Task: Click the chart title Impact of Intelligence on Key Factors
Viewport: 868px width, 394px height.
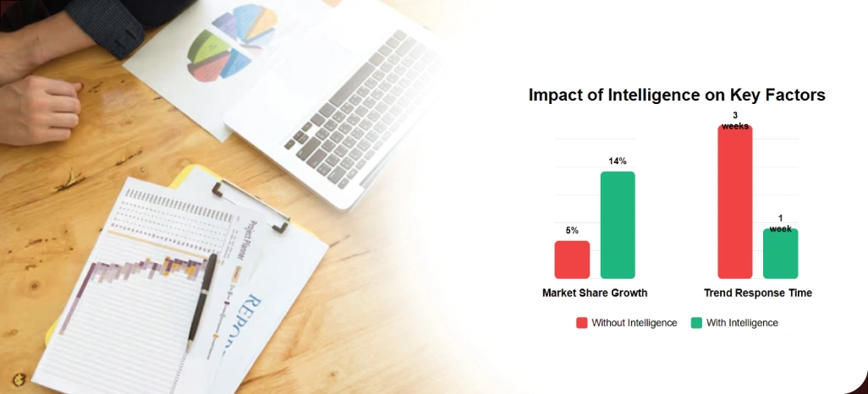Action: pyautogui.click(x=677, y=95)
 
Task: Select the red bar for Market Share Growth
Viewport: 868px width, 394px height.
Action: pyautogui.click(x=572, y=260)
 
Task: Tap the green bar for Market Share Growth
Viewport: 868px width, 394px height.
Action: pyautogui.click(x=618, y=225)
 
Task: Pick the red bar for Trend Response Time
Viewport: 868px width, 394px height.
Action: pyautogui.click(x=734, y=203)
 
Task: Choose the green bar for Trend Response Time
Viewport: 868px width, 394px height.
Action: pyautogui.click(x=780, y=254)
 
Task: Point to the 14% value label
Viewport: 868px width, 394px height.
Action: pyautogui.click(x=618, y=161)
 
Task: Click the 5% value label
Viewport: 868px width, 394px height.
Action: pyautogui.click(x=572, y=230)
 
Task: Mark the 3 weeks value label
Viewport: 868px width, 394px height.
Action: pyautogui.click(x=734, y=121)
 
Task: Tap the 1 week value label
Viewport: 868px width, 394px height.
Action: pyautogui.click(x=780, y=223)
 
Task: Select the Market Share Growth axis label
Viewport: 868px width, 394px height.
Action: pyautogui.click(x=595, y=293)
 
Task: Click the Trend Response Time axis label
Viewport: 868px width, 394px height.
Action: pyautogui.click(x=758, y=293)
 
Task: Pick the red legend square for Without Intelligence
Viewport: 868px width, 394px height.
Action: pyautogui.click(x=582, y=323)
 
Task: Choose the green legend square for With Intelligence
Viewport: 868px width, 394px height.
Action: pyautogui.click(x=697, y=323)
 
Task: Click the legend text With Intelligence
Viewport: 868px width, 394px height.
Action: pyautogui.click(x=742, y=323)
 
